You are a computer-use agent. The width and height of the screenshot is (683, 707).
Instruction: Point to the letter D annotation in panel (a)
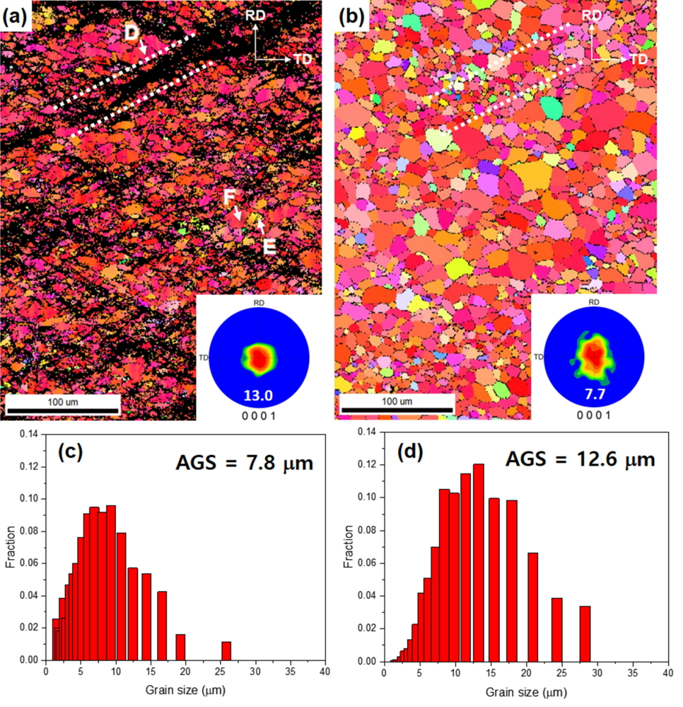[131, 33]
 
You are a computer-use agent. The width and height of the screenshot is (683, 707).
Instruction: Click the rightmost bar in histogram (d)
[585, 625]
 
